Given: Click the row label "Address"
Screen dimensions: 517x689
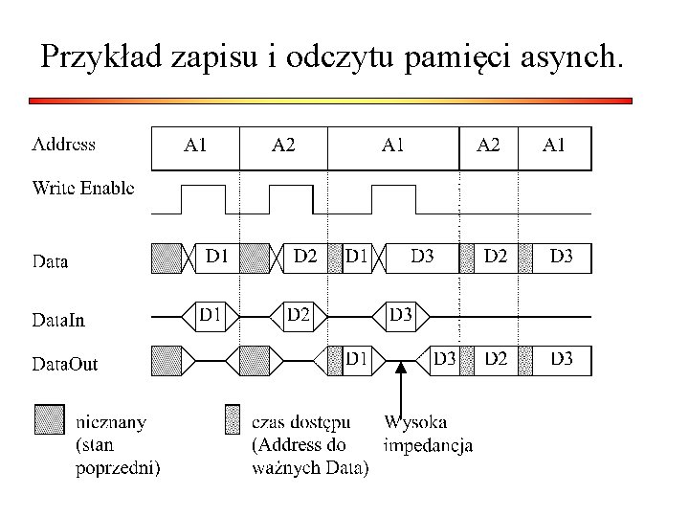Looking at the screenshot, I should coord(64,146).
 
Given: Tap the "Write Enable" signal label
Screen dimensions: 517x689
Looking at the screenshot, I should coord(83,188).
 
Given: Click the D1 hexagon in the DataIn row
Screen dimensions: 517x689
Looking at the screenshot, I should coord(211,314).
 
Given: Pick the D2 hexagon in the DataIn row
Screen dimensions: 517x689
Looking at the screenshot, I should coord(299,314).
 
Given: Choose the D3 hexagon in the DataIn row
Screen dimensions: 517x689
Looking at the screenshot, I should coord(401,314).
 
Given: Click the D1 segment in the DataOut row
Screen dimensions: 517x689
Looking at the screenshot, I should coord(357,359).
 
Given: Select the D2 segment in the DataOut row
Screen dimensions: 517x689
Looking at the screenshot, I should coord(496,359).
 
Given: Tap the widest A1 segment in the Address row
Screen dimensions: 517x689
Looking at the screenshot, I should coord(392,146).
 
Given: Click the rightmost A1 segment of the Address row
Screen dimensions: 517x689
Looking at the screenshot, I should coord(554,146).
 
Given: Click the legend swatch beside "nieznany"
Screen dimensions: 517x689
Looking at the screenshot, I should coord(48,419).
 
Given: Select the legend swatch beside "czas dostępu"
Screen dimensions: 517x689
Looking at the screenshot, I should coord(232,419).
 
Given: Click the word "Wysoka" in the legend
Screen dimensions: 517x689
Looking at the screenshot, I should coord(415,421).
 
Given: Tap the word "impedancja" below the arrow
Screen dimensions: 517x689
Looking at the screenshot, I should coord(427,444).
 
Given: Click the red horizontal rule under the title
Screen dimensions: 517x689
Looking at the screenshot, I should coord(330,100).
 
